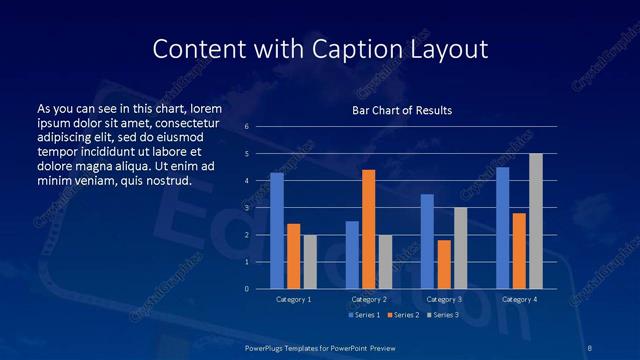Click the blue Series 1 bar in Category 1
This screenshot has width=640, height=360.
coord(277,231)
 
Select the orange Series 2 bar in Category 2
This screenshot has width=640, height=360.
coord(368,229)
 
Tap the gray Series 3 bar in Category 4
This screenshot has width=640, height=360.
coord(535,221)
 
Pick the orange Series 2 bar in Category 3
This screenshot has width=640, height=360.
coord(443,264)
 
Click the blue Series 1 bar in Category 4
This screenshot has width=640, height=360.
coord(502,228)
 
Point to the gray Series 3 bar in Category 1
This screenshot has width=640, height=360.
coord(310,262)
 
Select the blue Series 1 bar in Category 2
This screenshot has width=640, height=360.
coord(352,255)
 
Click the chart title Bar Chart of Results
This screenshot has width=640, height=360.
coord(402,110)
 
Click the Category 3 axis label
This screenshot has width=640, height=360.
coord(443,299)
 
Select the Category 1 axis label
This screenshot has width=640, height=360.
coord(293,299)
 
